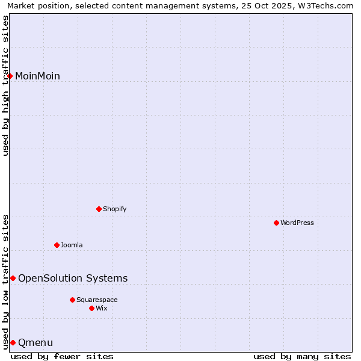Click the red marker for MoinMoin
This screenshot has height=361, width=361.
(x=10, y=76)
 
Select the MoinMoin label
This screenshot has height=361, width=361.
(x=37, y=76)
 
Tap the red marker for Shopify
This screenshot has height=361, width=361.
(x=99, y=209)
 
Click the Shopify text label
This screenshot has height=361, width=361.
(x=114, y=209)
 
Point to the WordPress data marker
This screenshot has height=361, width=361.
(x=277, y=223)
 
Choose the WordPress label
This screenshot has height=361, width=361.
(x=297, y=223)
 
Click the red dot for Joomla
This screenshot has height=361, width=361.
(x=57, y=245)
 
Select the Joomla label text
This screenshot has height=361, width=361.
(x=72, y=245)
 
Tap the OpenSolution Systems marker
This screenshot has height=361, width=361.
(x=13, y=278)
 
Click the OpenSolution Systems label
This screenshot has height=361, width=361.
(x=73, y=278)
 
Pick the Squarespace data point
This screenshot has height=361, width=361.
(x=73, y=300)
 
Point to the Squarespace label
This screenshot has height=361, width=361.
(x=97, y=300)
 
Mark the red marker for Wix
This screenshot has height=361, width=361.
(x=92, y=308)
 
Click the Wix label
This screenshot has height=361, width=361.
(x=102, y=308)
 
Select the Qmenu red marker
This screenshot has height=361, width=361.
(x=13, y=342)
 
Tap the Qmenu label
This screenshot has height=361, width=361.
(x=35, y=343)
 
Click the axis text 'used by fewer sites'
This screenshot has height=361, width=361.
(x=62, y=356)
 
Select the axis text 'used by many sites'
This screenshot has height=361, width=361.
(x=302, y=356)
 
